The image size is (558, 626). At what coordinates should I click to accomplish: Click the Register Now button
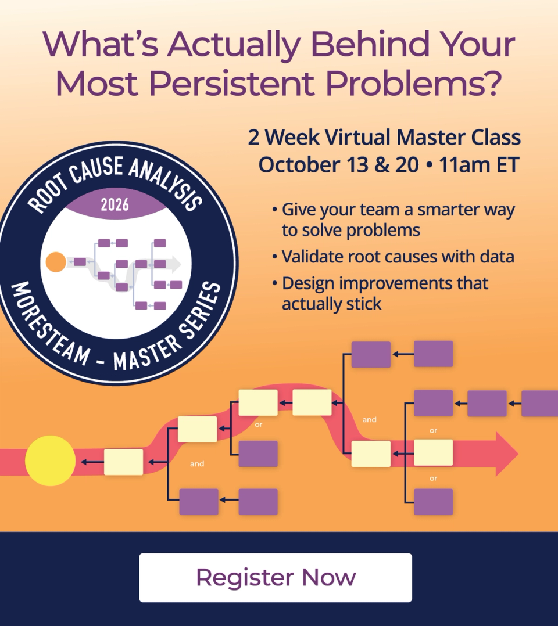276,577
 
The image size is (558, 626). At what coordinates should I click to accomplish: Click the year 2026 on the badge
115,205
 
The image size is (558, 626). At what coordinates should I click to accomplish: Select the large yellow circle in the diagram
51,460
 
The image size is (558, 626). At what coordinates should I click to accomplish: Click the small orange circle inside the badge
56,262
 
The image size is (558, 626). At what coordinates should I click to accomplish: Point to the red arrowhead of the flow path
507,454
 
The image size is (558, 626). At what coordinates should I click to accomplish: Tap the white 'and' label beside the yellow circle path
197,463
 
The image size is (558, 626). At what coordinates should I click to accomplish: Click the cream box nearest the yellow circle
123,462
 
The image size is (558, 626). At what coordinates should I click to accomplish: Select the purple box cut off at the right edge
539,404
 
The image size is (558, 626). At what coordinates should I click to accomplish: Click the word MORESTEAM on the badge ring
49,324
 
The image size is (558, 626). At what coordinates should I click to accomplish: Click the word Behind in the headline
370,44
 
